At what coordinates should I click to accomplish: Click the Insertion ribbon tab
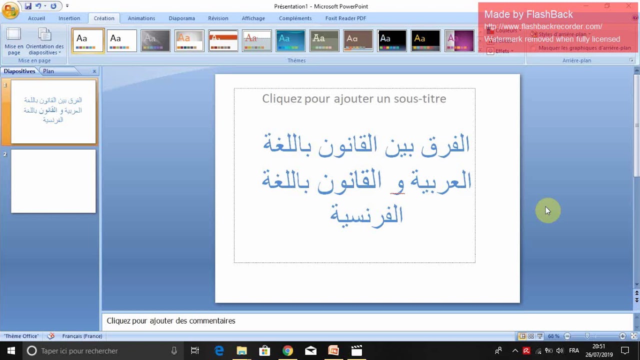69,18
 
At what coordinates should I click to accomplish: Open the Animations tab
141,18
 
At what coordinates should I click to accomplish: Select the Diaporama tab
181,18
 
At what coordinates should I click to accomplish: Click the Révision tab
218,18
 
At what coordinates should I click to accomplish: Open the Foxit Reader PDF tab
345,18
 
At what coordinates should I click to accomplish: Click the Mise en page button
14,41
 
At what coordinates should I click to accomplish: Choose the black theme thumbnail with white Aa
392,41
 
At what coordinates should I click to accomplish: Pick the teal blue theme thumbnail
290,41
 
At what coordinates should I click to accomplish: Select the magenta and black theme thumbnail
459,41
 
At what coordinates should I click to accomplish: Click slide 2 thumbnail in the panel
53,181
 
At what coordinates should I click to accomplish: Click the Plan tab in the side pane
48,71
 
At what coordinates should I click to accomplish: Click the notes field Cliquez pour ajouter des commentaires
171,321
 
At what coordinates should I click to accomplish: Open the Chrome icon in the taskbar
287,350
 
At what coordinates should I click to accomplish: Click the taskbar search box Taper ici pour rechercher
100,351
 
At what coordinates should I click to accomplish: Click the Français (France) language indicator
82,336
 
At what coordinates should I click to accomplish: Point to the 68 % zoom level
553,336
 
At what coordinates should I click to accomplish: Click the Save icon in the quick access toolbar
28,6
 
